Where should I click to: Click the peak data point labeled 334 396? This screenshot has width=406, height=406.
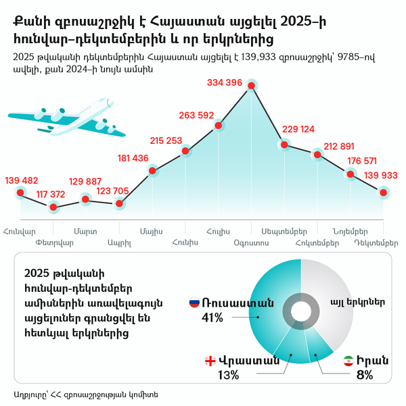point(252,86)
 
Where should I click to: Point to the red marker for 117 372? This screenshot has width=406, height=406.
point(53,206)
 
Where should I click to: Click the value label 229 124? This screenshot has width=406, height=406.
point(298,129)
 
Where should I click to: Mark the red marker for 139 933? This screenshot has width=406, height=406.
point(384,193)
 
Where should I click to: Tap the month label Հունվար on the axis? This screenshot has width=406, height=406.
point(19,231)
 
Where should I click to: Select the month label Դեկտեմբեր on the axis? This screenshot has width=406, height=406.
point(376,242)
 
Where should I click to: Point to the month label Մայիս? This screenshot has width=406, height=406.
point(151,231)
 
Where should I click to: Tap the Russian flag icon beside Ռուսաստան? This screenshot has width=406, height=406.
point(194,303)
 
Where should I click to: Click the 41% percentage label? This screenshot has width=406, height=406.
point(212,317)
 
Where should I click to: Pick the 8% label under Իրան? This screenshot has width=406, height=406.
point(365,374)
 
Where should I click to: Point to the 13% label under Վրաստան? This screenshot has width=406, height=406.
point(227,374)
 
